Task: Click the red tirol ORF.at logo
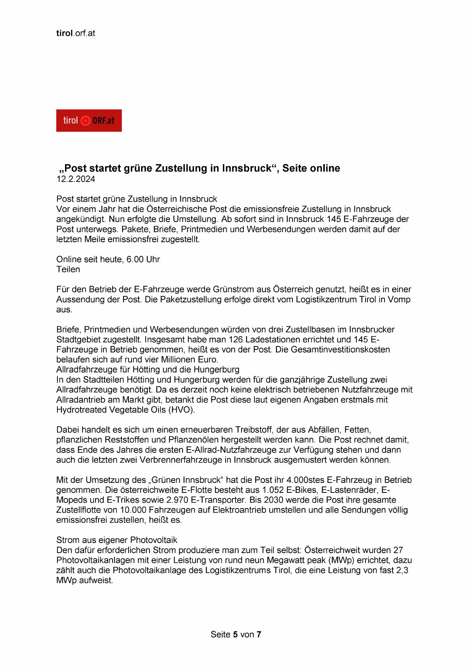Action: pyautogui.click(x=89, y=121)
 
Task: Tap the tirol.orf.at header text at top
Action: pyautogui.click(x=75, y=33)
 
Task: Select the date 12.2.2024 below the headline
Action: pyautogui.click(x=76, y=179)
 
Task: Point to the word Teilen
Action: pyautogui.click(x=68, y=269)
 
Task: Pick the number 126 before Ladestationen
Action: pyautogui.click(x=235, y=340)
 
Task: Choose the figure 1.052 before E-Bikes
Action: pyautogui.click(x=273, y=490)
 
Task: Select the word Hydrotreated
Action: pyautogui.click(x=82, y=410)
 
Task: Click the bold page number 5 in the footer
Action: pyautogui.click(x=235, y=634)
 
